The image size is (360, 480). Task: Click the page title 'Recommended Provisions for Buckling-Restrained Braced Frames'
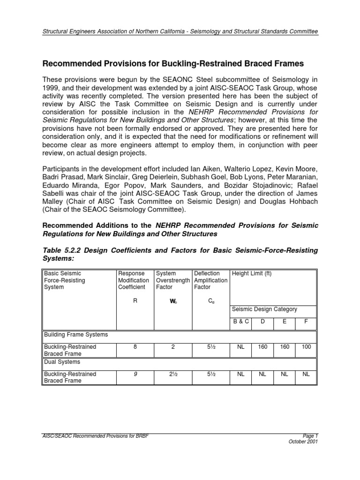coord(173,63)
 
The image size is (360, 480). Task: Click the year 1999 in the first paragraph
coord(52,88)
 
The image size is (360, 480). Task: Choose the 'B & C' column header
coord(241,322)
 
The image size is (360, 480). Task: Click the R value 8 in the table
coord(135,347)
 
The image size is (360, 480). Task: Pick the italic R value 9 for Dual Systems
coord(135,374)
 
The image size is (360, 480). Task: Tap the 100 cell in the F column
coord(306,347)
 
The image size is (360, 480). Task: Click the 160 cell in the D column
coord(262,347)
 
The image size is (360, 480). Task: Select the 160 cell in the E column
coord(284,347)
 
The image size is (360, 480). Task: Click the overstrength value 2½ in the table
coord(172,374)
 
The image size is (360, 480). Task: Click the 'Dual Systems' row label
coord(62,362)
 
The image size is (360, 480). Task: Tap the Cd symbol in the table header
coord(211,301)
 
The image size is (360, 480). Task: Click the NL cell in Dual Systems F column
coord(306,374)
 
